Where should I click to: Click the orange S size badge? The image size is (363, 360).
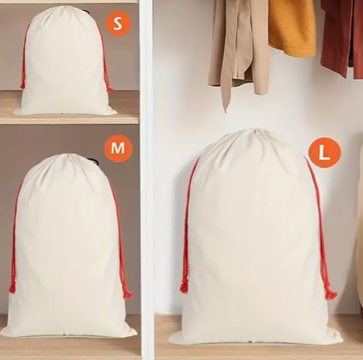tap(119, 24)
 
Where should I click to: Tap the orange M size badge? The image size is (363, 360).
tap(119, 148)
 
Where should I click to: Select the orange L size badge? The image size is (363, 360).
tap(324, 153)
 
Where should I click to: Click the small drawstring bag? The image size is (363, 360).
tap(66, 62)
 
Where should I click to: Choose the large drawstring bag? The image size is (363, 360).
tap(255, 238)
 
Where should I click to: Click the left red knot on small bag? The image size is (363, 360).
tap(22, 86)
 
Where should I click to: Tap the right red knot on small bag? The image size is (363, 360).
tap(110, 90)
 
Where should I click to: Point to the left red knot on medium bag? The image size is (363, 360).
tap(12, 288)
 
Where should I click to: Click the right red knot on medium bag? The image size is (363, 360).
tap(127, 294)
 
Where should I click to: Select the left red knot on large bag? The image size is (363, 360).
tap(184, 286)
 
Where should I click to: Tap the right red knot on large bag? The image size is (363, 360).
tap(330, 293)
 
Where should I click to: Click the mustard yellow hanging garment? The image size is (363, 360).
tap(292, 27)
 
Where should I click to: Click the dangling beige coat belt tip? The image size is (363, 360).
tap(225, 109)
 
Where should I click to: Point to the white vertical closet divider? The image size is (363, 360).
tap(147, 180)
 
